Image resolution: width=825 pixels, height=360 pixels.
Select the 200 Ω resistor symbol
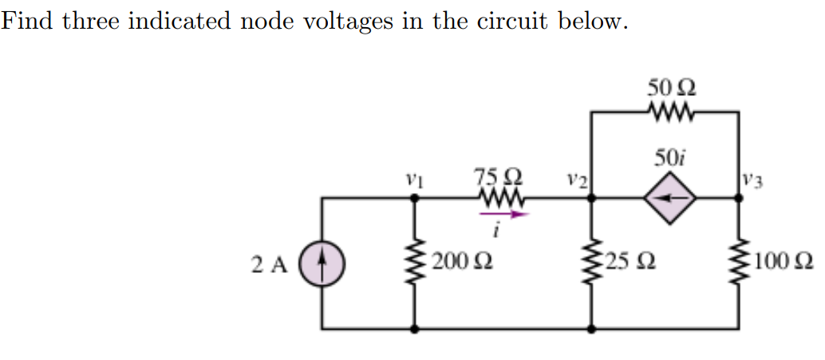413,263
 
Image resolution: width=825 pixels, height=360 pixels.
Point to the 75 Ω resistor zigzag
498,197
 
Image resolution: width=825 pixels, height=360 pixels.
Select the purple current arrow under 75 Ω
499,213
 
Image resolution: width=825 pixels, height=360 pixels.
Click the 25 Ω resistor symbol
590,263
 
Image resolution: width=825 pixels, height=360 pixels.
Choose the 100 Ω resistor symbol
737,263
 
